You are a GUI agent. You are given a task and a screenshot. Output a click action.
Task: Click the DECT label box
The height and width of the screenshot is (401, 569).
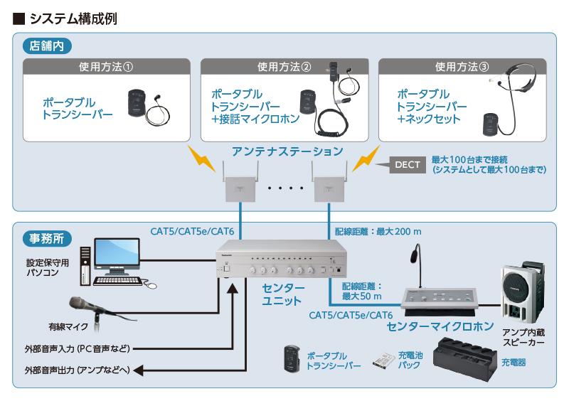pos(407,165)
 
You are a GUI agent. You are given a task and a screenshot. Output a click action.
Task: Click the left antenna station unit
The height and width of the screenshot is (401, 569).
pos(240,184)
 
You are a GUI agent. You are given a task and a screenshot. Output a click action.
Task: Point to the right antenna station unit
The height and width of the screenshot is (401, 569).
pos(329,184)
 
